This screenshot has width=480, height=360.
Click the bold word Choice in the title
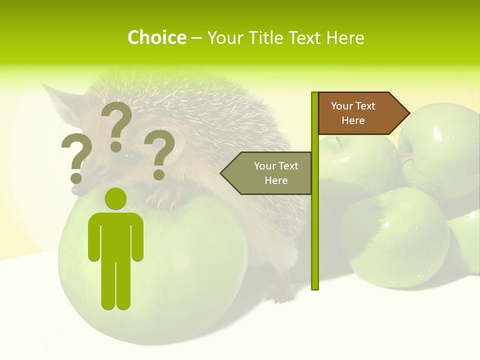click(156, 37)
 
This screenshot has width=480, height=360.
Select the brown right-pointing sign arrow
click(360, 113)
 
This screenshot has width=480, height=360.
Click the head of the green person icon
click(116, 198)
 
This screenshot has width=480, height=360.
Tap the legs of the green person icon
click(115, 285)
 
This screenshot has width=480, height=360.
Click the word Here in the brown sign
click(353, 120)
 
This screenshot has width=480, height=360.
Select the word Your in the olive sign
click(265, 166)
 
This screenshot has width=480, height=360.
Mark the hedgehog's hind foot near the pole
click(280, 295)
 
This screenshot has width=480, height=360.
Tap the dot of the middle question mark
click(116, 146)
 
